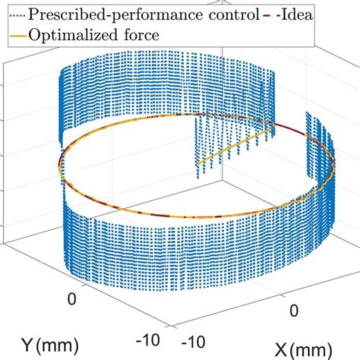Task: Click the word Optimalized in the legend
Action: tap(77, 35)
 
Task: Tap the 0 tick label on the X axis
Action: tap(295, 312)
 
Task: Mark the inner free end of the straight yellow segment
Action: tap(197, 165)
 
